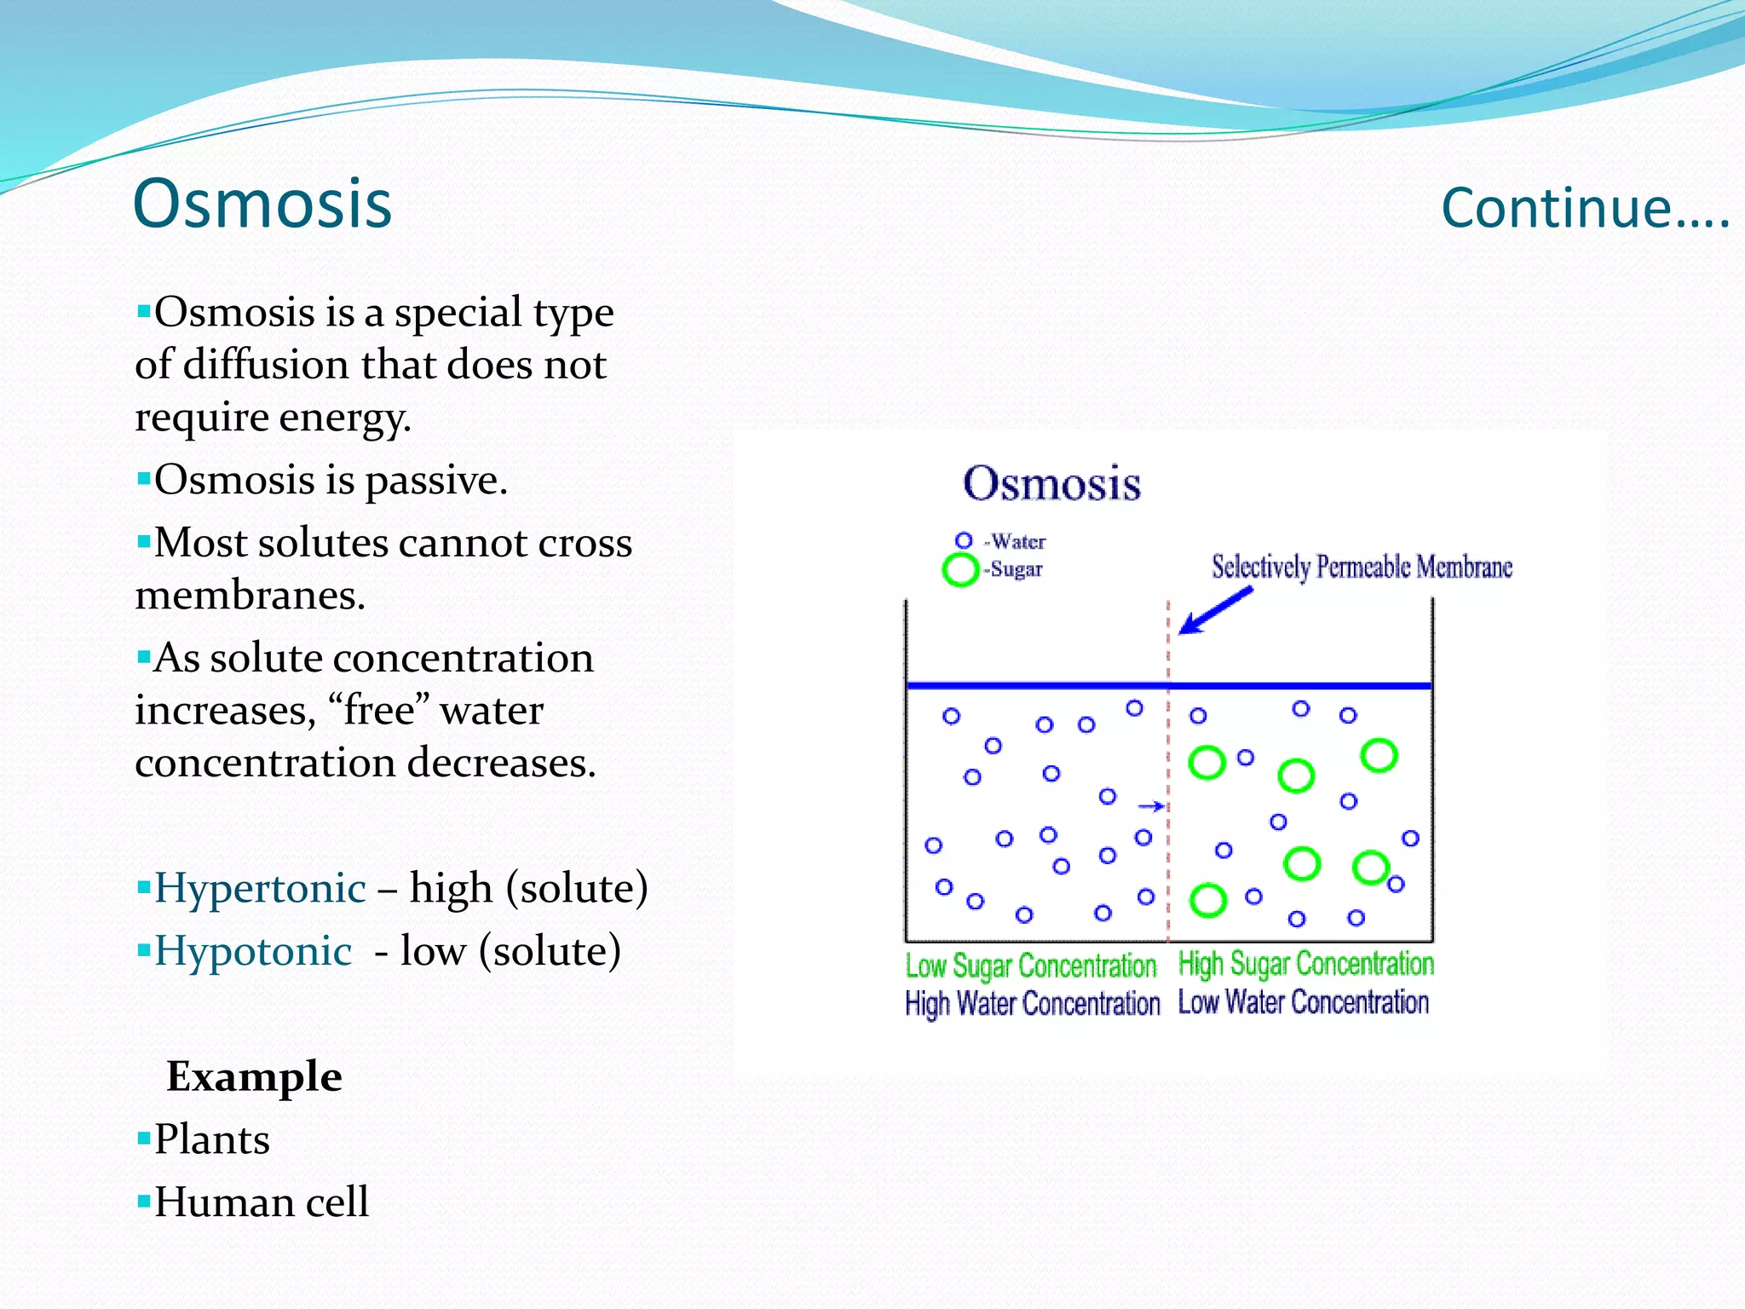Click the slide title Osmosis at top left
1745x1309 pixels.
click(x=262, y=204)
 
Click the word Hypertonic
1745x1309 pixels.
click(x=260, y=888)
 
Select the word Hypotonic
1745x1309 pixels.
click(x=252, y=951)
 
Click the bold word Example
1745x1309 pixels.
click(x=254, y=1076)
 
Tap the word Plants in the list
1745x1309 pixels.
click(x=211, y=1139)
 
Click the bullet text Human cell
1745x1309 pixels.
click(x=261, y=1202)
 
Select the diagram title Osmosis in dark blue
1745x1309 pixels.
click(x=1051, y=483)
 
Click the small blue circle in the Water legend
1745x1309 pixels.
click(x=964, y=540)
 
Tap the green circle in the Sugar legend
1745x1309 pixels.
click(x=960, y=569)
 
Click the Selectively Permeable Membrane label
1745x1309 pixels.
click(x=1362, y=567)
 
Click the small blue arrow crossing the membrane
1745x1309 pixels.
click(x=1151, y=806)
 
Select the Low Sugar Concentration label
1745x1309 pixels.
click(x=1030, y=966)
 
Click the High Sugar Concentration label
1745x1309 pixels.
click(x=1305, y=964)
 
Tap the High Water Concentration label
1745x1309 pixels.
click(x=1032, y=1004)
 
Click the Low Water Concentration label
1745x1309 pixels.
click(x=1303, y=1002)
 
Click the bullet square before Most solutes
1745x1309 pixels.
click(x=143, y=540)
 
